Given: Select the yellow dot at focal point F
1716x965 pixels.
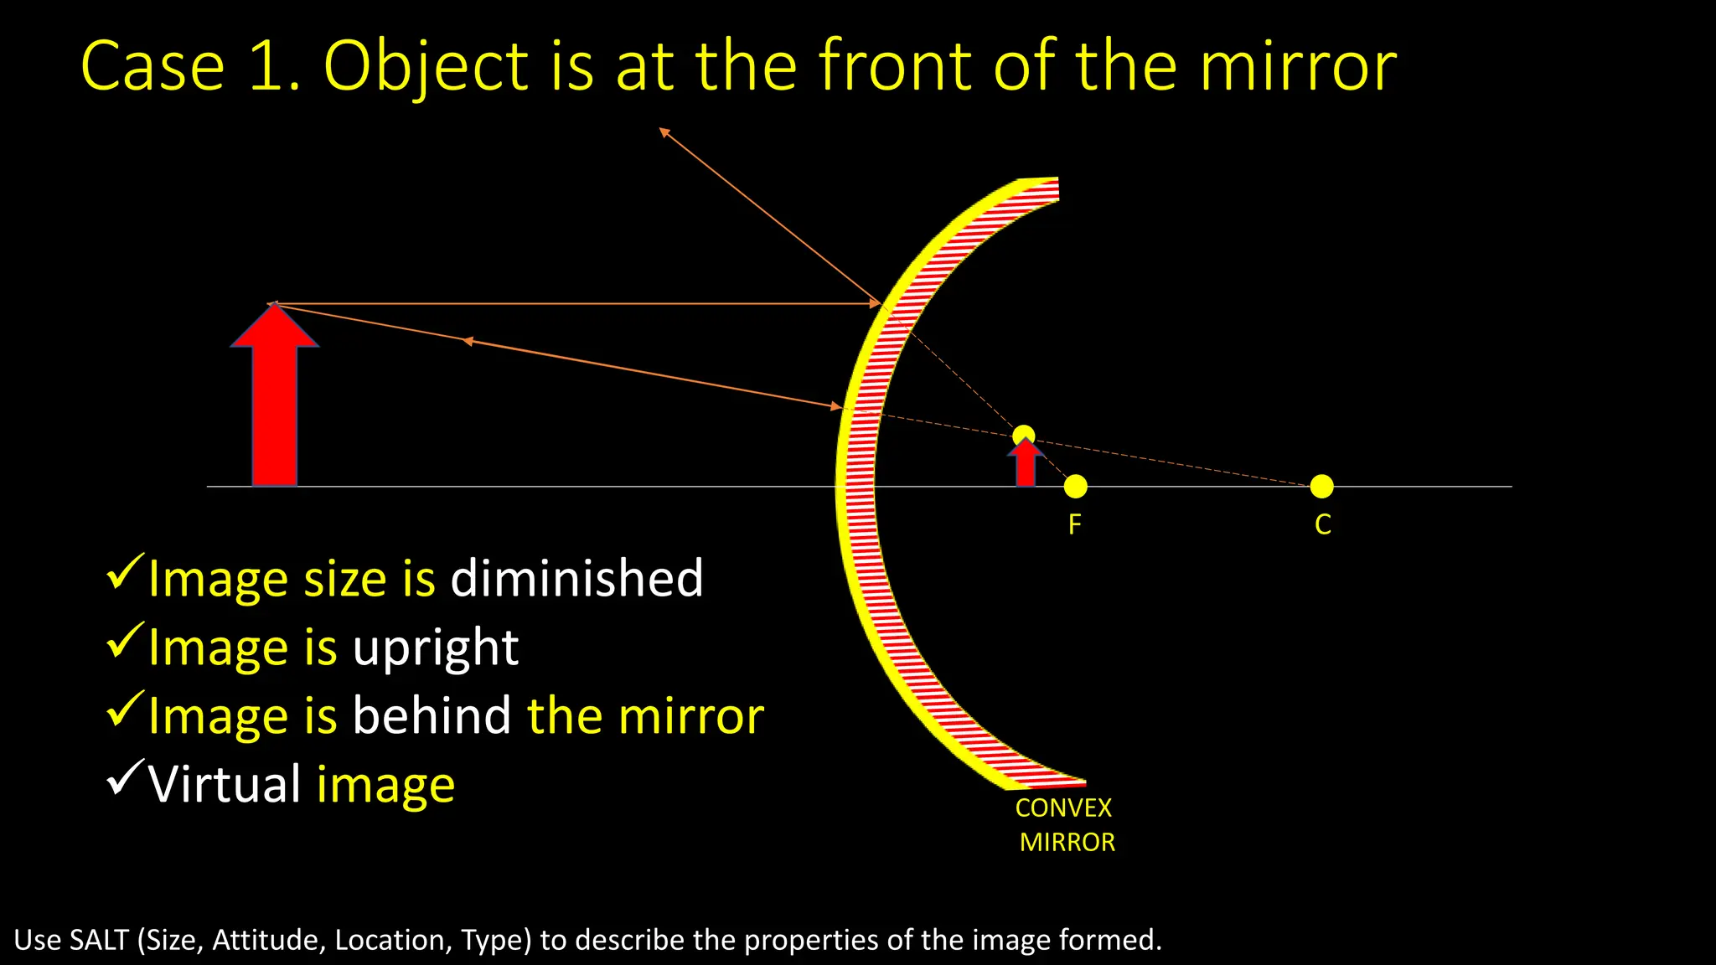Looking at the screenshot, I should tap(1076, 486).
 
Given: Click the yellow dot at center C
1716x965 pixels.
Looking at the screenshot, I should tap(1321, 486).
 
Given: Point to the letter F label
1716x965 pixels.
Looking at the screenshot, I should tap(1075, 525).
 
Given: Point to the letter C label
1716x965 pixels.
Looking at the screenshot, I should tap(1323, 525).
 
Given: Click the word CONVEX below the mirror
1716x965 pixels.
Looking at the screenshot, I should tap(1063, 808).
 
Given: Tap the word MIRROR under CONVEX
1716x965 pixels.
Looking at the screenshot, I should tap(1067, 843).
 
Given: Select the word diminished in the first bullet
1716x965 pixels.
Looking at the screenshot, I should tap(576, 578).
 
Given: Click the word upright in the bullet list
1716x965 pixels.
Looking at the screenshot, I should tap(436, 648).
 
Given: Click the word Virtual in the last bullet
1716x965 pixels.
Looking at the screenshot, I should tap(225, 784).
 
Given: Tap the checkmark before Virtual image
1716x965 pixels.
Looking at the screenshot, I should tap(126, 778).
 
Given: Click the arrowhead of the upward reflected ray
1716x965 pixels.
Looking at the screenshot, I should tap(663, 131).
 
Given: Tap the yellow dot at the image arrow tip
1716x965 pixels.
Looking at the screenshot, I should tap(1023, 435).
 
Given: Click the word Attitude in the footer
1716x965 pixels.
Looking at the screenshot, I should tap(268, 940).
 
